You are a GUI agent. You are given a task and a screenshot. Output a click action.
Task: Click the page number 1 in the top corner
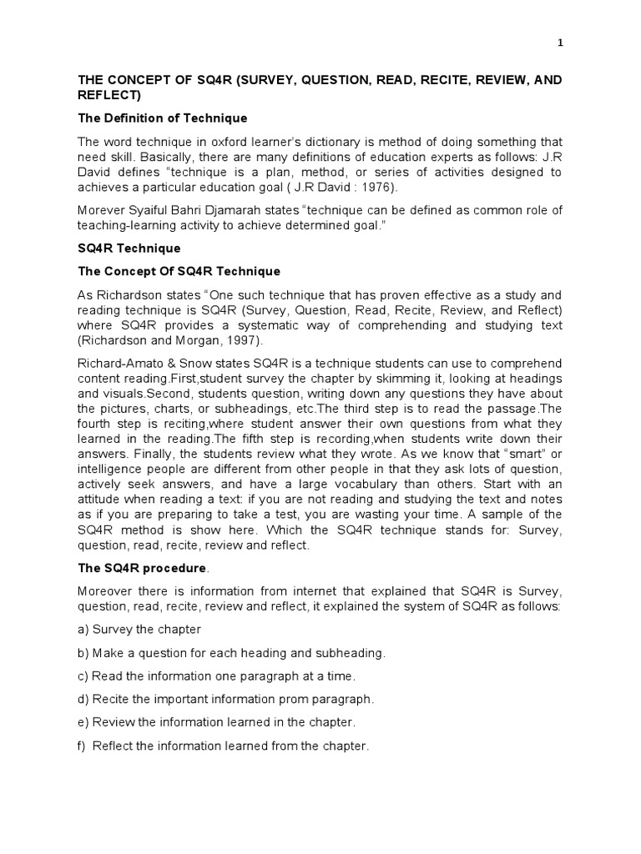click(560, 43)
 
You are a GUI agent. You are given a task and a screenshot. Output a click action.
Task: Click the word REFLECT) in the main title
click(110, 95)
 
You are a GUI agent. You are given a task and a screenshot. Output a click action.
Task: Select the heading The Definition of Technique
click(163, 118)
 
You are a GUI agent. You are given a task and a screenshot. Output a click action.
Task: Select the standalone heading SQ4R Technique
click(129, 249)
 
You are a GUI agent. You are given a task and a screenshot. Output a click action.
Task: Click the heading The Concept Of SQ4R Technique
click(179, 272)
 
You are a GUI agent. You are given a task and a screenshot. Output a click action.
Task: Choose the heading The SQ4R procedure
click(142, 568)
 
